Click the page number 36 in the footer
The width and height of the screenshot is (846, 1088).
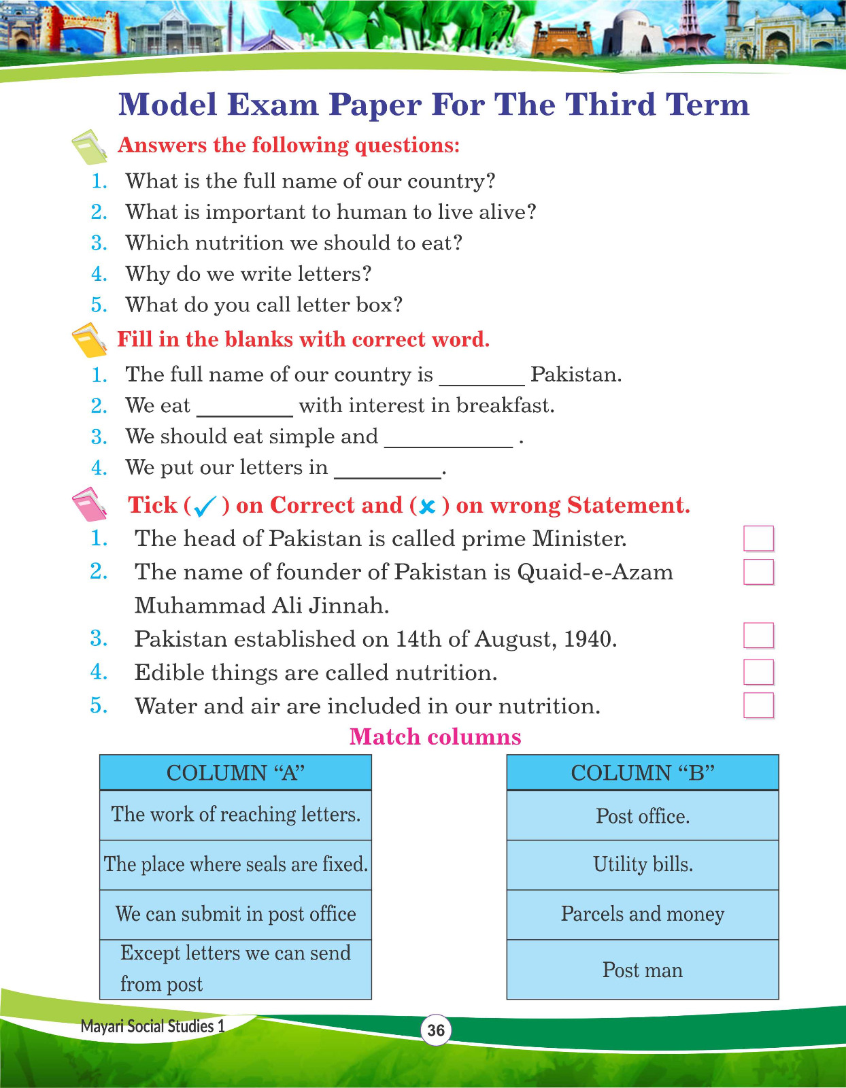pos(436,1030)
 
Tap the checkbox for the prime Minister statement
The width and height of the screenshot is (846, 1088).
pos(758,539)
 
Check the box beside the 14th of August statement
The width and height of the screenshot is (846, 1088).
pos(758,636)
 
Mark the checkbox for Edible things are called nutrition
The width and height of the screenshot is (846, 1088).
pos(758,672)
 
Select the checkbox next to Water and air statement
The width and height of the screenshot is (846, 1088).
pos(758,705)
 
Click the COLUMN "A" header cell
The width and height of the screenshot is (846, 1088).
pos(235,772)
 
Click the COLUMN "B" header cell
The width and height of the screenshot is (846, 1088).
pos(643,772)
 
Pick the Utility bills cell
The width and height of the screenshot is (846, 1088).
pos(643,864)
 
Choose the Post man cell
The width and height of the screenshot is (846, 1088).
pos(643,970)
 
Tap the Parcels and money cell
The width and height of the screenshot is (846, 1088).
pos(643,914)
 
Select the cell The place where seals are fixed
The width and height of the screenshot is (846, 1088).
pos(235,864)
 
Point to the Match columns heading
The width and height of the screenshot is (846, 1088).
pos(435,737)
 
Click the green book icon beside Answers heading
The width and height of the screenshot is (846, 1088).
pos(89,147)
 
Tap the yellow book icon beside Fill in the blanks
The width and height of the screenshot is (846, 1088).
pos(89,340)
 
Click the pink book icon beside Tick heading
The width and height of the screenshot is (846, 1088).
pos(89,505)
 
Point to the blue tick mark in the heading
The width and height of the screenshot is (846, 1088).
pos(205,506)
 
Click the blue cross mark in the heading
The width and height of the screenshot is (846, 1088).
pos(428,507)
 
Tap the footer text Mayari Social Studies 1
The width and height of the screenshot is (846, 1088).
pos(152,1026)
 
